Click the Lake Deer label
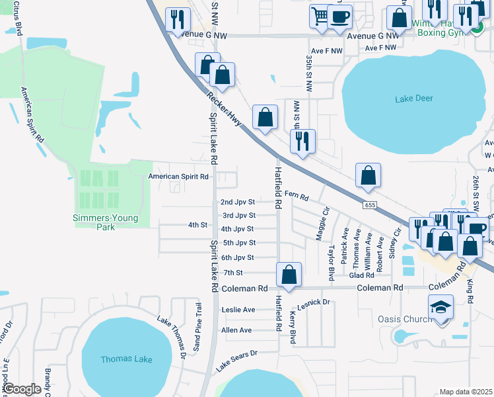pos(414,99)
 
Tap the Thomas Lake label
pos(126,359)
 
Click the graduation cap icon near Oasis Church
pos(441,308)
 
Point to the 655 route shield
pos(370,206)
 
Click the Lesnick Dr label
pos(313,302)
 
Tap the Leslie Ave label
pos(238,310)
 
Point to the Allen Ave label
pos(236,330)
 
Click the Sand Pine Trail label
pos(196,327)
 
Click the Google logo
pos(22,389)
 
